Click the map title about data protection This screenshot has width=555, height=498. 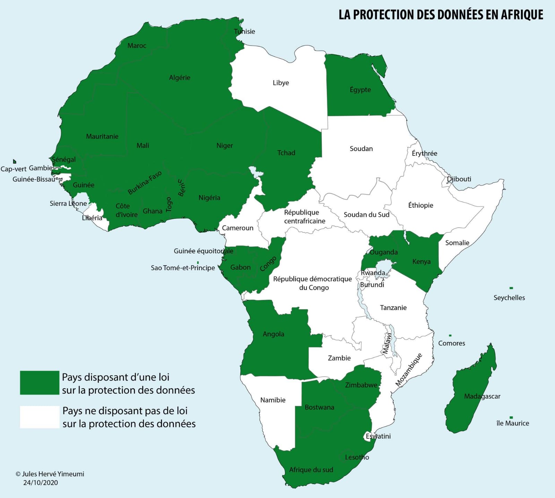click(x=441, y=15)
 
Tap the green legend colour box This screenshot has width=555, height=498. click(x=40, y=383)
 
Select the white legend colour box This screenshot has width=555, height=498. click(x=40, y=417)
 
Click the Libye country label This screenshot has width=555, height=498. click(x=281, y=83)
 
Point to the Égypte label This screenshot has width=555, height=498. click(x=360, y=90)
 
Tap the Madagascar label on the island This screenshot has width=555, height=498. click(x=482, y=396)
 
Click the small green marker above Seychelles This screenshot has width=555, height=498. click(x=511, y=288)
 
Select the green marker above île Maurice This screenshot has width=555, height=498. click(x=511, y=418)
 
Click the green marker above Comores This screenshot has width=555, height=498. click(x=450, y=336)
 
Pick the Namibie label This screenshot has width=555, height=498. click(x=273, y=400)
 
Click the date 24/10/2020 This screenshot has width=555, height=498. click(x=41, y=483)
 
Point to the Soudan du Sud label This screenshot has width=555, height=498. click(x=366, y=215)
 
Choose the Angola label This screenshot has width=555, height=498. click(x=273, y=334)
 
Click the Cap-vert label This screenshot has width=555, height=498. click(x=14, y=169)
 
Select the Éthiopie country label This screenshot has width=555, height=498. click(x=420, y=205)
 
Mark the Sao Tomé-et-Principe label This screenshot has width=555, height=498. click(x=183, y=268)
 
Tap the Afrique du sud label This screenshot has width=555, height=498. click(x=311, y=470)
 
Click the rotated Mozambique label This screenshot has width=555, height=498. click(x=409, y=370)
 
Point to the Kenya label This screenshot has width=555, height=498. click(x=421, y=262)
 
